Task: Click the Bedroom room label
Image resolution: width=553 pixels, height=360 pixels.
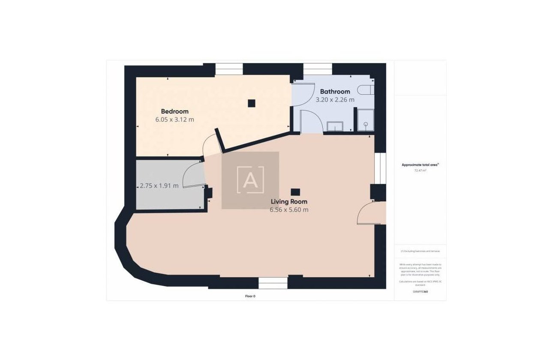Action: (174, 111)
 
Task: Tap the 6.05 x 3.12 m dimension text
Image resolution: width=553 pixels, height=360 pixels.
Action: (174, 120)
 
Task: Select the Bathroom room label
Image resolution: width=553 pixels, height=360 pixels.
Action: (335, 91)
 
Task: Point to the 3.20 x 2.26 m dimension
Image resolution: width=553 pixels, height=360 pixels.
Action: (335, 100)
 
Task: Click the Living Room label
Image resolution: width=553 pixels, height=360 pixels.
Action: (289, 201)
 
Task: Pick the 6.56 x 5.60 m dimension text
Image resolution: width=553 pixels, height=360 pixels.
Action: (289, 210)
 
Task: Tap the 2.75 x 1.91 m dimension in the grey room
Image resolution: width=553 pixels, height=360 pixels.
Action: (159, 186)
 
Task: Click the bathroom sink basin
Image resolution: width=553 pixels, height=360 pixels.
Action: (335, 126)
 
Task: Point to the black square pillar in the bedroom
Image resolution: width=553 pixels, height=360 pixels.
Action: (252, 103)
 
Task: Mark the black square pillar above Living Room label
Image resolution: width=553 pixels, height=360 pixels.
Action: (295, 192)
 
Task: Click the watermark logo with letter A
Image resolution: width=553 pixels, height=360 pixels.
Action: (250, 180)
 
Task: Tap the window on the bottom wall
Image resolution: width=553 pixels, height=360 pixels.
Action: (273, 283)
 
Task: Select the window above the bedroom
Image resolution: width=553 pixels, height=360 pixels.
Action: (229, 69)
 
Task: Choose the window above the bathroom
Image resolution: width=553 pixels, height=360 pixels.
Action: (318, 69)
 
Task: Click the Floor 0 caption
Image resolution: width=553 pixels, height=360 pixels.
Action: (250, 296)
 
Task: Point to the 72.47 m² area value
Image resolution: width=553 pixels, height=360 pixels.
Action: (420, 171)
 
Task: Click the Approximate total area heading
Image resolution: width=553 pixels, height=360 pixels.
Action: (420, 165)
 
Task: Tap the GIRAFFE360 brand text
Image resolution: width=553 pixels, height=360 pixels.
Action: (420, 291)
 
